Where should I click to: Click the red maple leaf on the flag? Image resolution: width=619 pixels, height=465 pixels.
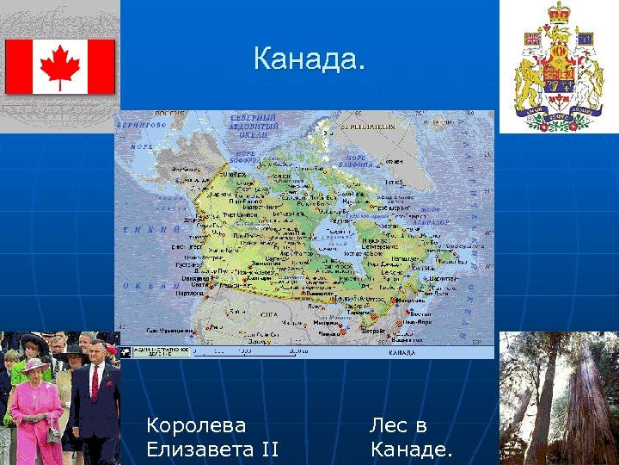pos(60,66)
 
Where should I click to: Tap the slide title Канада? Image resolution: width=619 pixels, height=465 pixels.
pos(309,61)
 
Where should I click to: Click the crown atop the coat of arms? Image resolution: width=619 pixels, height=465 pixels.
pos(560,12)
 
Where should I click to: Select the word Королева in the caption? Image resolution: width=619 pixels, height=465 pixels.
pos(196,425)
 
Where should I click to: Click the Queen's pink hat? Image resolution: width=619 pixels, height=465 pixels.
pos(36,365)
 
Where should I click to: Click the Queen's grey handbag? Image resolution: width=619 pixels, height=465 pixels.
pos(54,434)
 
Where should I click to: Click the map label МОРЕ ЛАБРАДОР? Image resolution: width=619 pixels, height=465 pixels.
pos(430,216)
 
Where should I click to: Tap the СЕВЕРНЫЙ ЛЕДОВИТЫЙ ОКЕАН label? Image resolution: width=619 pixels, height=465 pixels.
pos(254,126)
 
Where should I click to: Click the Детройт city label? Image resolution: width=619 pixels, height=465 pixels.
pos(348,331)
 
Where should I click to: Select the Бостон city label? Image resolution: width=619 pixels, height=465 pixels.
pos(421,314)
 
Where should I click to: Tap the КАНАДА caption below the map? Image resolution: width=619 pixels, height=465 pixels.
pos(401,353)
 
